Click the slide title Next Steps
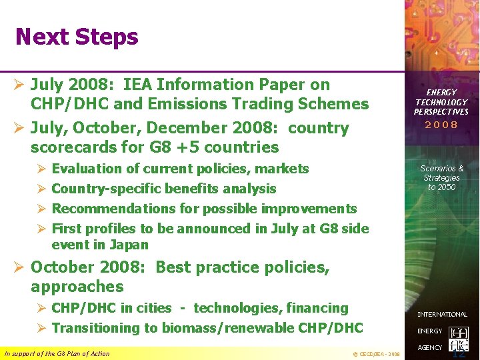77,37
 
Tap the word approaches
77,287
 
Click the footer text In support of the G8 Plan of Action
57,353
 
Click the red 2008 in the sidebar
441,125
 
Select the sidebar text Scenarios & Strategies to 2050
441,178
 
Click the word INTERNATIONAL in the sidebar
443,314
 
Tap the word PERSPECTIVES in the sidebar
441,111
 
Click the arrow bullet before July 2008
19,85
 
